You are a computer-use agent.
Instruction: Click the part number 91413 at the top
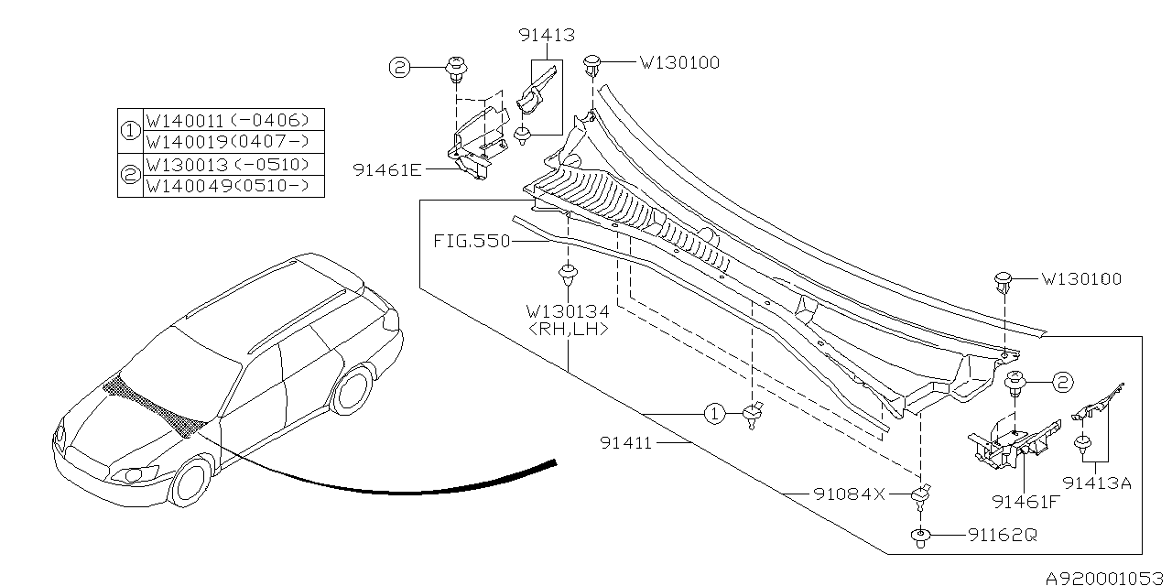(547, 36)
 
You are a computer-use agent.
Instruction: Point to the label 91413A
(1097, 482)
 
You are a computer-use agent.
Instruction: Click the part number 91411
(625, 442)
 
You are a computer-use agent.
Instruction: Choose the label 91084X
(849, 494)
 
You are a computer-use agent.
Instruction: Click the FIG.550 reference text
(471, 243)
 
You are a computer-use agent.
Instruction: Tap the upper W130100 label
(678, 63)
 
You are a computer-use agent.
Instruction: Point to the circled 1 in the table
(130, 131)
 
